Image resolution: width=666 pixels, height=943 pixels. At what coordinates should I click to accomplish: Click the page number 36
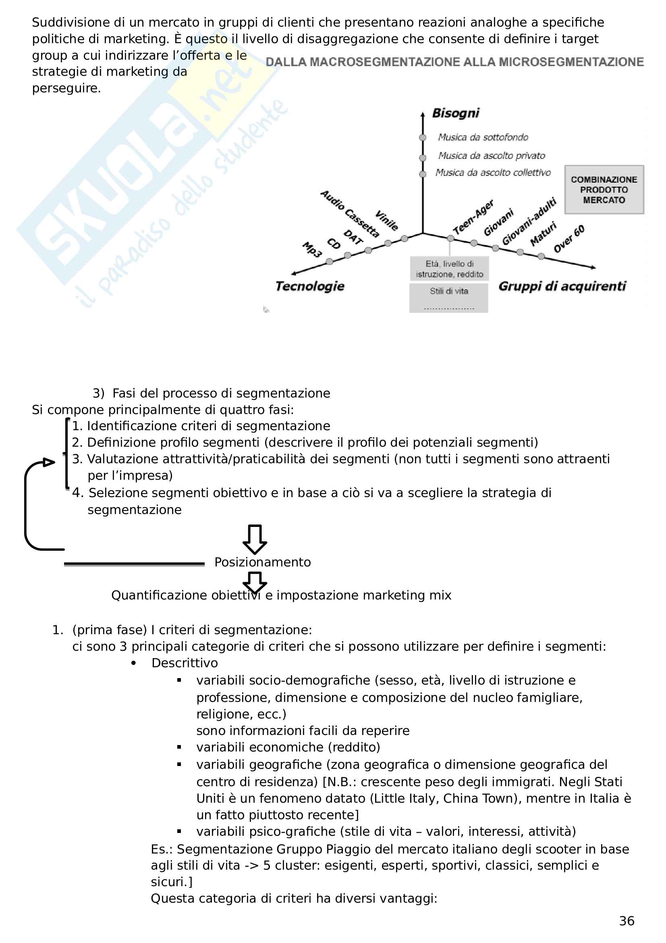tap(626, 921)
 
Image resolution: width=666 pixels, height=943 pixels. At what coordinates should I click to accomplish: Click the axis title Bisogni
tap(456, 113)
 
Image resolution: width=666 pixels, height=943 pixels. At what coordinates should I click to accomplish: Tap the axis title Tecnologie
tap(310, 286)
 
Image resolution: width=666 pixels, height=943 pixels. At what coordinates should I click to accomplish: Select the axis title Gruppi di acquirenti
tap(562, 286)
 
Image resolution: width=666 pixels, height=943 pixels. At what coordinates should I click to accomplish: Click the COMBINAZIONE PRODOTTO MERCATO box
tap(604, 190)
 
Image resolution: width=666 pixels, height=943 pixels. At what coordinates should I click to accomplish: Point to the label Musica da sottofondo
tap(483, 137)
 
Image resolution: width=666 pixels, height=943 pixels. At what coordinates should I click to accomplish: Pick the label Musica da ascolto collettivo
tap(493, 173)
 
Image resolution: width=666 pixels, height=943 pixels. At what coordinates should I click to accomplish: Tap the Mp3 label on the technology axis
tap(312, 250)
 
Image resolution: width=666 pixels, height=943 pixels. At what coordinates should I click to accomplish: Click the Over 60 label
tap(569, 239)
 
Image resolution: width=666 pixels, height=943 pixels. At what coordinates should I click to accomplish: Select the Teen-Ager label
tap(473, 217)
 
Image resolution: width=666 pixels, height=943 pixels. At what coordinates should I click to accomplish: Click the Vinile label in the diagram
tap(386, 221)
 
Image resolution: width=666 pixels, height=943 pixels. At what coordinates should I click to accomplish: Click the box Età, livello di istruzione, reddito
tap(449, 269)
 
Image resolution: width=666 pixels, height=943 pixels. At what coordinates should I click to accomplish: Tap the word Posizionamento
tap(263, 562)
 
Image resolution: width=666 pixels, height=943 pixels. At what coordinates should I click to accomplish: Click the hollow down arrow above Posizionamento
tap(255, 539)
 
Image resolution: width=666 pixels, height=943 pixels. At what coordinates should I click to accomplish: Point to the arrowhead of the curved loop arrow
tap(49, 462)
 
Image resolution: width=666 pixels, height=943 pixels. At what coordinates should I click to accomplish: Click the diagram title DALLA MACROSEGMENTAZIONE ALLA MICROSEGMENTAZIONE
tap(454, 62)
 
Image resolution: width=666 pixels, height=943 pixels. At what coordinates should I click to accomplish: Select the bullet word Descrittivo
tap(185, 663)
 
